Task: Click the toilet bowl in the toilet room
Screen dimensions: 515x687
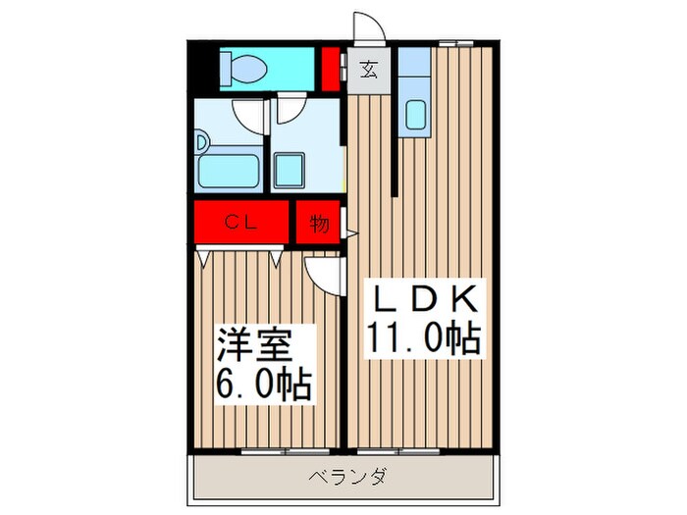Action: pyautogui.click(x=249, y=68)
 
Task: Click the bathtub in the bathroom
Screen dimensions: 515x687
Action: pyautogui.click(x=229, y=172)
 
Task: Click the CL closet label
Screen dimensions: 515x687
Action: pyautogui.click(x=241, y=223)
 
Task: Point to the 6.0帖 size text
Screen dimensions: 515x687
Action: pyautogui.click(x=263, y=384)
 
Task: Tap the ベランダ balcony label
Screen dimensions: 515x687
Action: pyautogui.click(x=348, y=478)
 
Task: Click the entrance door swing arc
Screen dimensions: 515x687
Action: pyautogui.click(x=364, y=27)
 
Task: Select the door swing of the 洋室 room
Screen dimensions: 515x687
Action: pyautogui.click(x=323, y=269)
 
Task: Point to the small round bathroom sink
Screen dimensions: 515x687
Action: pyautogui.click(x=200, y=142)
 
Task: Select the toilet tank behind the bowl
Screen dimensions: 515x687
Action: pyautogui.click(x=224, y=68)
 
